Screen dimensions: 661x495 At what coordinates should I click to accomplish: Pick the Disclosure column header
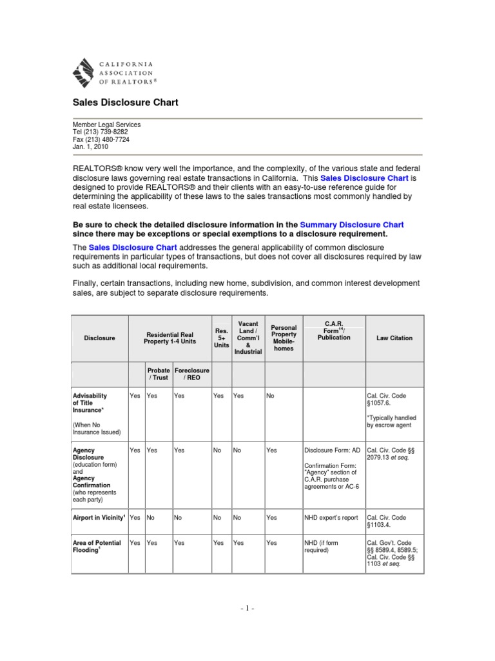coord(99,338)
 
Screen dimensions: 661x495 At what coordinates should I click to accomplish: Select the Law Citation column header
coord(394,338)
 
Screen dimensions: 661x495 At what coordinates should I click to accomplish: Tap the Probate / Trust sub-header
coord(159,374)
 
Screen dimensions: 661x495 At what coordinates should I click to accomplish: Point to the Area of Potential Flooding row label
coord(97,547)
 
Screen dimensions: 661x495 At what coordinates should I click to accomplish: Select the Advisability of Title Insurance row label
coord(90,403)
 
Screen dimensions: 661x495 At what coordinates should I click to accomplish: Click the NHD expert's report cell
coord(331,517)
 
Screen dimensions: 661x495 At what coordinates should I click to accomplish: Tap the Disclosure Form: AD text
coord(331,451)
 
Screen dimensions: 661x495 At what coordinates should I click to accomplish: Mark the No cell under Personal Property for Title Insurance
coord(270,396)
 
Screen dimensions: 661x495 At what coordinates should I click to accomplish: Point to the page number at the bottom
coord(247,609)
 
